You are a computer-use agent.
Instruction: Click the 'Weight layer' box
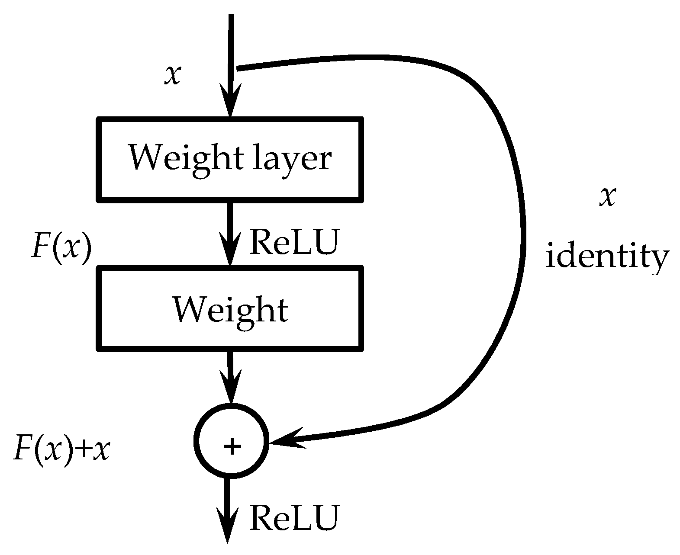pos(229,159)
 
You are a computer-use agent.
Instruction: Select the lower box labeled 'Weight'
pos(229,308)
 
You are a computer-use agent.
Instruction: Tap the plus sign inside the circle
pos(232,446)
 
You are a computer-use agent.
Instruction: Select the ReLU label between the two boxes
pos(293,242)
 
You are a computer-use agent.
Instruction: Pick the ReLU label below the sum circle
pos(293,518)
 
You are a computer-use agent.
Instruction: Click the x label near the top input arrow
pos(172,75)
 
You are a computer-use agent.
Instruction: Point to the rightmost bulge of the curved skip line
pos(524,229)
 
